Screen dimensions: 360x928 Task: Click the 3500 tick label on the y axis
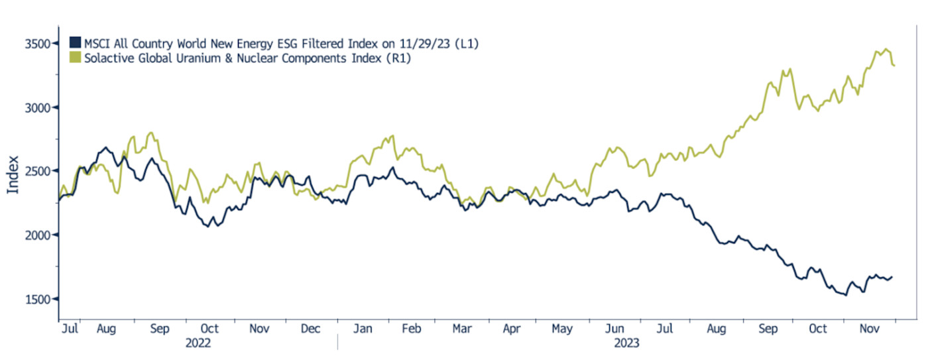38,44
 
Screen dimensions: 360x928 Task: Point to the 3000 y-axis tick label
38,107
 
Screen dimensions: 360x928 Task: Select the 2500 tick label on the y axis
38,171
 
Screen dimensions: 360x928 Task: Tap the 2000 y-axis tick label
38,235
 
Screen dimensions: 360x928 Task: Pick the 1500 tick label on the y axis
38,299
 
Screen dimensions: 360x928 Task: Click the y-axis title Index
13,175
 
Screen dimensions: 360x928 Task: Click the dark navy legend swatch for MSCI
75,44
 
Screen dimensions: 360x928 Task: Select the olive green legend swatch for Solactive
75,58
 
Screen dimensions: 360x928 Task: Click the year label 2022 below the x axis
198,343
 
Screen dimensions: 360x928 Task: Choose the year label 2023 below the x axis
625,343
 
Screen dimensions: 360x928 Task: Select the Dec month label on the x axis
310,328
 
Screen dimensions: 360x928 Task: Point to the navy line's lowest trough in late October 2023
845,295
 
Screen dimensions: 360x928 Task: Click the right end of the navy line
892,277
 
